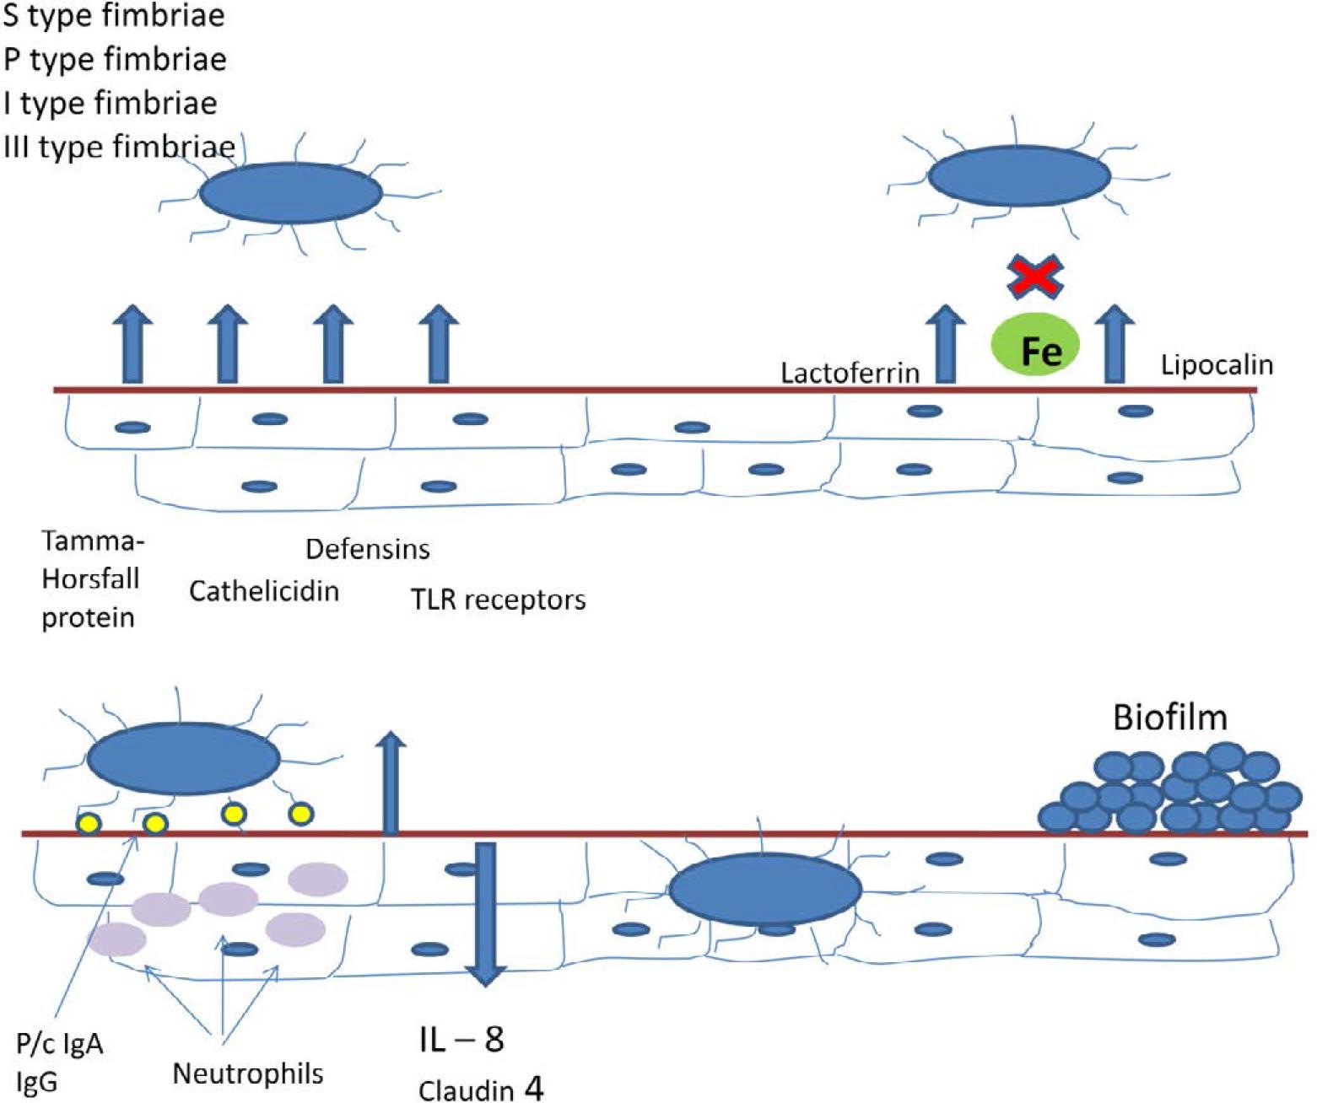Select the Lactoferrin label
tap(850, 373)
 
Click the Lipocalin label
tap(1217, 365)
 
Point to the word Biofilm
tap(1169, 717)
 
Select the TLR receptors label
tap(498, 600)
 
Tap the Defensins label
tap(367, 549)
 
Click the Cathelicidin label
tap(263, 591)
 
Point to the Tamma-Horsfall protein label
tap(89, 578)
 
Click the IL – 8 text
tap(461, 1039)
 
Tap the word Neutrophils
tap(248, 1073)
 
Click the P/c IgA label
tap(60, 1044)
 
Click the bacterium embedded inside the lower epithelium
tap(765, 890)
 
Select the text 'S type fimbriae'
tap(114, 15)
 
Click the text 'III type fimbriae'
tap(119, 147)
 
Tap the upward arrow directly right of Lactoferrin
tap(946, 344)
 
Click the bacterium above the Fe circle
tap(1019, 176)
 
